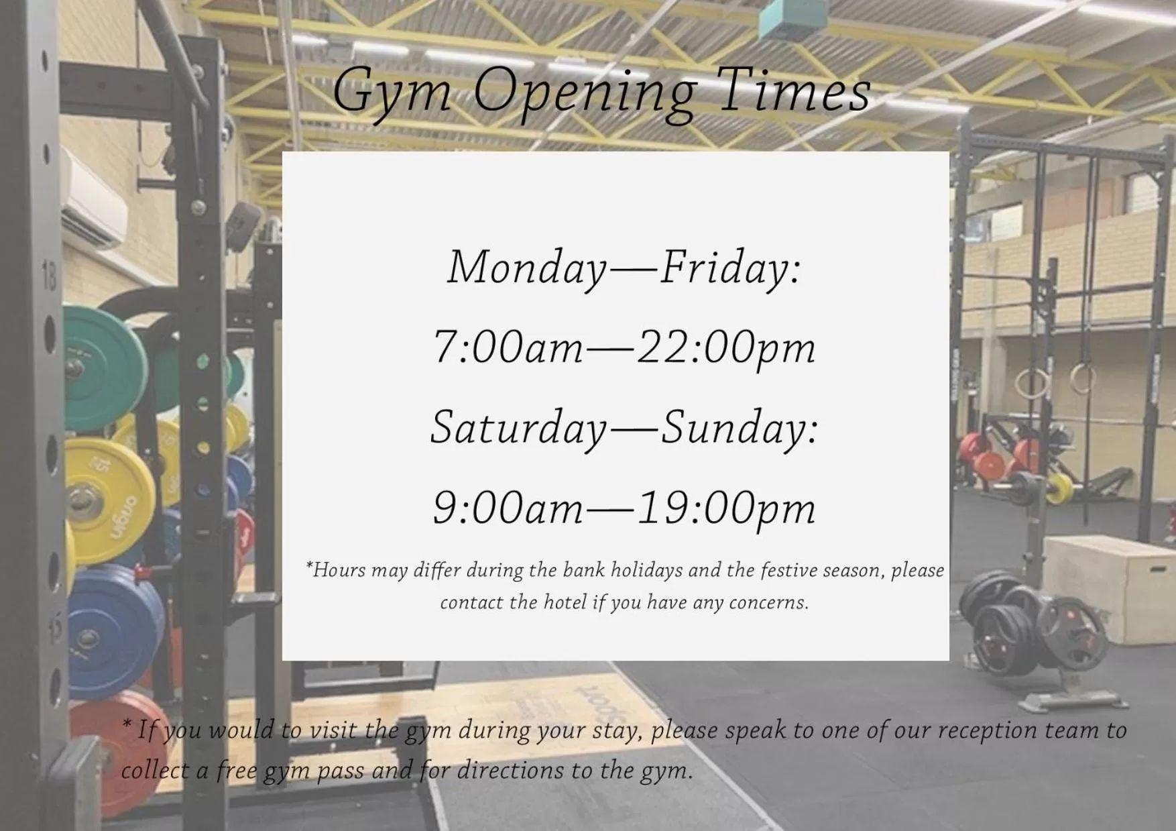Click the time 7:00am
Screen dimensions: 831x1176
(x=508, y=347)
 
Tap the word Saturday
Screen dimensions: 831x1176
(x=518, y=428)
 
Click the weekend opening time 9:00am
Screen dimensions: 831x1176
(x=508, y=508)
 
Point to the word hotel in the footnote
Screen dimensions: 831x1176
(x=565, y=602)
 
